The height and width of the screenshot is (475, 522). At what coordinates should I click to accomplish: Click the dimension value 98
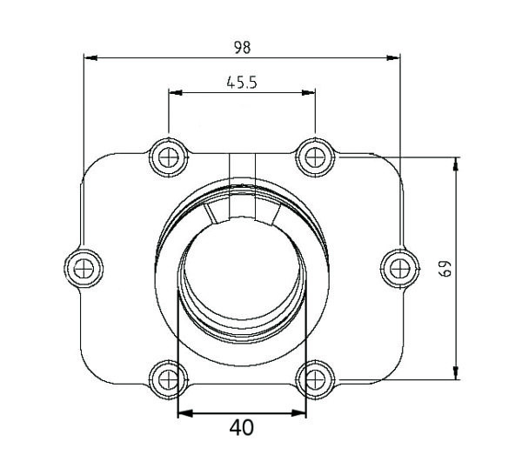(x=242, y=48)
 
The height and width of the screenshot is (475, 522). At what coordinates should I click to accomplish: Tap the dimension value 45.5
(x=242, y=83)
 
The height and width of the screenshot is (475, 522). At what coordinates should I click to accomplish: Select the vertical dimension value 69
(x=445, y=268)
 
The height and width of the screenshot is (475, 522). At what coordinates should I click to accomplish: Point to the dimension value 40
(x=241, y=428)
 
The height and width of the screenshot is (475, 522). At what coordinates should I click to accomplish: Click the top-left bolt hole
(x=169, y=157)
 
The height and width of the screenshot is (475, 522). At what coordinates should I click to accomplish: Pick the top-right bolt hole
(x=315, y=157)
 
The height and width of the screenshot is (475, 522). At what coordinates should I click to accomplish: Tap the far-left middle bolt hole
(x=84, y=268)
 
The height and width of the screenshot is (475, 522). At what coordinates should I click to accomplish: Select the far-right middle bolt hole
(x=400, y=268)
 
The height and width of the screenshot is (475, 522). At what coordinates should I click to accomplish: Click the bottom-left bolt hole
(x=169, y=379)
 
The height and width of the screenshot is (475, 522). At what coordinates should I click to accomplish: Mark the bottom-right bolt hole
(x=315, y=379)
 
